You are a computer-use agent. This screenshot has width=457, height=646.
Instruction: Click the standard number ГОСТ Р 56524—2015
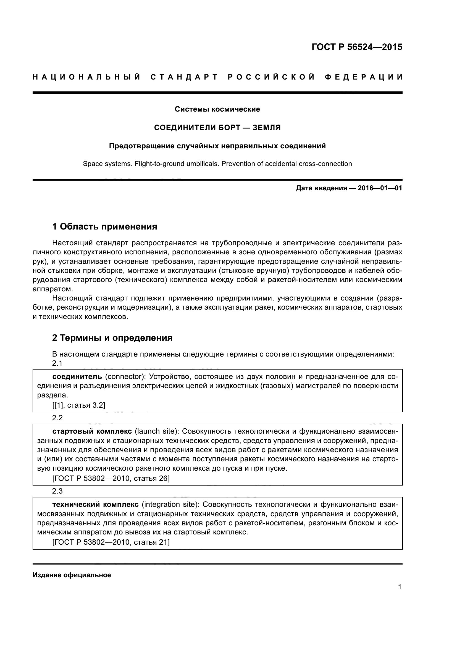[x=357, y=47]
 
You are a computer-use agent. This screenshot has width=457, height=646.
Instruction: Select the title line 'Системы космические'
[x=217, y=109]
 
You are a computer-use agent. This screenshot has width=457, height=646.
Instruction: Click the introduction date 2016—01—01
[x=380, y=188]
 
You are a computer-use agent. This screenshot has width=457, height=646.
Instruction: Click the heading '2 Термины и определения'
[x=112, y=337]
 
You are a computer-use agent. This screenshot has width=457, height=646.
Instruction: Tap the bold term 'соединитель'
[x=77, y=376]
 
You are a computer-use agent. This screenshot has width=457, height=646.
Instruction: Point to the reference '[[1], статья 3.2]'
[x=79, y=405]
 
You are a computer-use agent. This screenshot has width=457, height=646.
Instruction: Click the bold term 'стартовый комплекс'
[x=92, y=431]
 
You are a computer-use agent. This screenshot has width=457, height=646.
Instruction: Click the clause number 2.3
[x=57, y=491]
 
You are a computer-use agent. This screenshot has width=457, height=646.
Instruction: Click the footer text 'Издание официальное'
[x=72, y=575]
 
